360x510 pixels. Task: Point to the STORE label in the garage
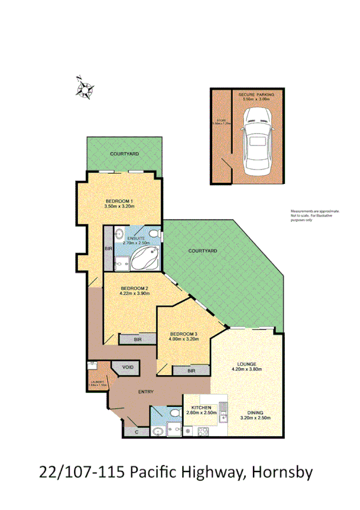pyautogui.click(x=222, y=121)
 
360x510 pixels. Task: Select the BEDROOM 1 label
pyautogui.click(x=119, y=201)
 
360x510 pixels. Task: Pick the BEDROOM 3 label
pyautogui.click(x=183, y=334)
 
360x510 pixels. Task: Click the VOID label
pyautogui.click(x=127, y=367)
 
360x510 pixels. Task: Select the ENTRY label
pyautogui.click(x=145, y=392)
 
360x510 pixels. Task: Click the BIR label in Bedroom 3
pyautogui.click(x=191, y=371)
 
